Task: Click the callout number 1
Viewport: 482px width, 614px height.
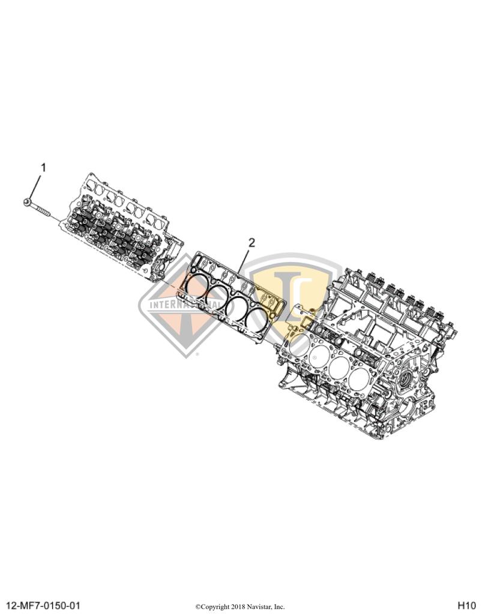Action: (43, 167)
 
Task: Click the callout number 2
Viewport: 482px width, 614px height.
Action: (252, 242)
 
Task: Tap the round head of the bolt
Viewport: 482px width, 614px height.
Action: (28, 203)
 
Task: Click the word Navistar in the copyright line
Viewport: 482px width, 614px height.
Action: (259, 606)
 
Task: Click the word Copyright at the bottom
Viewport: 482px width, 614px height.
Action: (214, 606)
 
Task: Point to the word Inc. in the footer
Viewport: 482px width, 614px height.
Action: (280, 606)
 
